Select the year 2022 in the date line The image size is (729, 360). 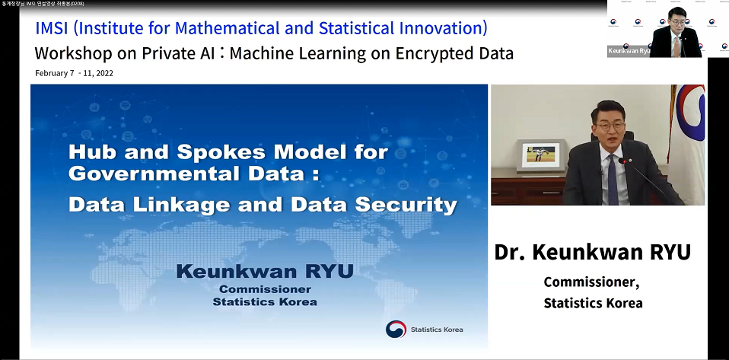point(101,74)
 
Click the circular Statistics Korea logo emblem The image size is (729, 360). point(396,329)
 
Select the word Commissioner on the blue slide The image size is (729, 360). point(264,289)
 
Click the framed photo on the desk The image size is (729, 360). point(540,155)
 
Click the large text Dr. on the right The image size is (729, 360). point(511,253)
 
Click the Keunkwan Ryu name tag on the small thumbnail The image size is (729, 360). point(629,51)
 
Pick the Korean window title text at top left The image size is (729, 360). point(42,4)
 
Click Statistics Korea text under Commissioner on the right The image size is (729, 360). point(593,303)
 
